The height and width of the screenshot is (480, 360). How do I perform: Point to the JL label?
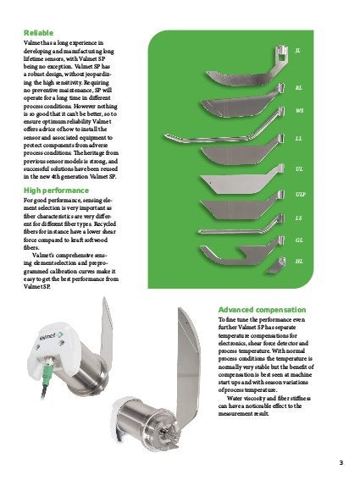point(298,51)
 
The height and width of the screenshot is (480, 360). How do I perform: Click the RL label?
point(299,86)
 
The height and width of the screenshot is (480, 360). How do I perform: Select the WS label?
point(299,111)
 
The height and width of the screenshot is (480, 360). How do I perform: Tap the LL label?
point(299,137)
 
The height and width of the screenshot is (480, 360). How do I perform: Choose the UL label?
point(299,169)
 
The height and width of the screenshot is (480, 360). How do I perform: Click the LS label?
point(299,218)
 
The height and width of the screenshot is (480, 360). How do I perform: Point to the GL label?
point(299,240)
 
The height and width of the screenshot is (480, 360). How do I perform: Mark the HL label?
point(299,262)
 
